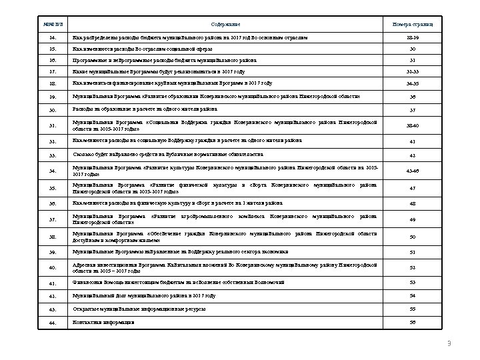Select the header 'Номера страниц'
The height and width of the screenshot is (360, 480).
click(411, 24)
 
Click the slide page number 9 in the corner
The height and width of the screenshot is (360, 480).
click(449, 343)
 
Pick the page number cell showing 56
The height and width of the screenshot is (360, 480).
click(411, 323)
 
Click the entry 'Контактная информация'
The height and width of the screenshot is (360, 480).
click(103, 322)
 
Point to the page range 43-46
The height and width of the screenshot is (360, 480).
click(411, 171)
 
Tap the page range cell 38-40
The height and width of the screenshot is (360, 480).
click(411, 125)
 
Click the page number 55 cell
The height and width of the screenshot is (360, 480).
click(411, 309)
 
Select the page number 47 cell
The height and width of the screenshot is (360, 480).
click(411, 188)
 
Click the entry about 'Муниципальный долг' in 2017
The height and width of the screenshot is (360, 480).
click(144, 294)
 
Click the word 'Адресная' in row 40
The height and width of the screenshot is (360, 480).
click(83, 265)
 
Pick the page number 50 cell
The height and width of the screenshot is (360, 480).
click(411, 237)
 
